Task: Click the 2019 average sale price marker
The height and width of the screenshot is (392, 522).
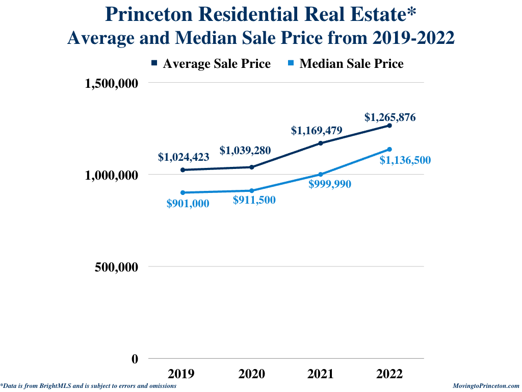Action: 183,170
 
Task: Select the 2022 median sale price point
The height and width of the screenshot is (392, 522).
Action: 389,150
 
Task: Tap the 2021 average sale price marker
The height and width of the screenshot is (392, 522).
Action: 321,143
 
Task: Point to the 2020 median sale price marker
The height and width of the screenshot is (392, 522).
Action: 252,191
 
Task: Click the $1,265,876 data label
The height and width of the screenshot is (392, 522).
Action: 390,117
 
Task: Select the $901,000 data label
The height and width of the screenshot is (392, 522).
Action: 188,203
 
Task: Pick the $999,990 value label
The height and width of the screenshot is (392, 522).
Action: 330,184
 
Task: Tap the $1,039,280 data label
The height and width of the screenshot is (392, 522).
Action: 245,150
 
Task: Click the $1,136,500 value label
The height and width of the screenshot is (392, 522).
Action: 405,160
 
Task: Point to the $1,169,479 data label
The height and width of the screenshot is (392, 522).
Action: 317,130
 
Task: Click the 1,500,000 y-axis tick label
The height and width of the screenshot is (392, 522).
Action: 111,83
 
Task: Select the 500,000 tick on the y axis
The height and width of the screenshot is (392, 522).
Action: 117,267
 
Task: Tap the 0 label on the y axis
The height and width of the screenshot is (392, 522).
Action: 135,359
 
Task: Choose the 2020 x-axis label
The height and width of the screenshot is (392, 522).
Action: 252,374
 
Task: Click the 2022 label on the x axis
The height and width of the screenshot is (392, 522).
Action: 389,374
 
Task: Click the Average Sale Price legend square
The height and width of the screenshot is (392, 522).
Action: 154,63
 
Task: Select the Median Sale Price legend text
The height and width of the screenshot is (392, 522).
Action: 351,64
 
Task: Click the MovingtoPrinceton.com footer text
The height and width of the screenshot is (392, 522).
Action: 486,386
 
